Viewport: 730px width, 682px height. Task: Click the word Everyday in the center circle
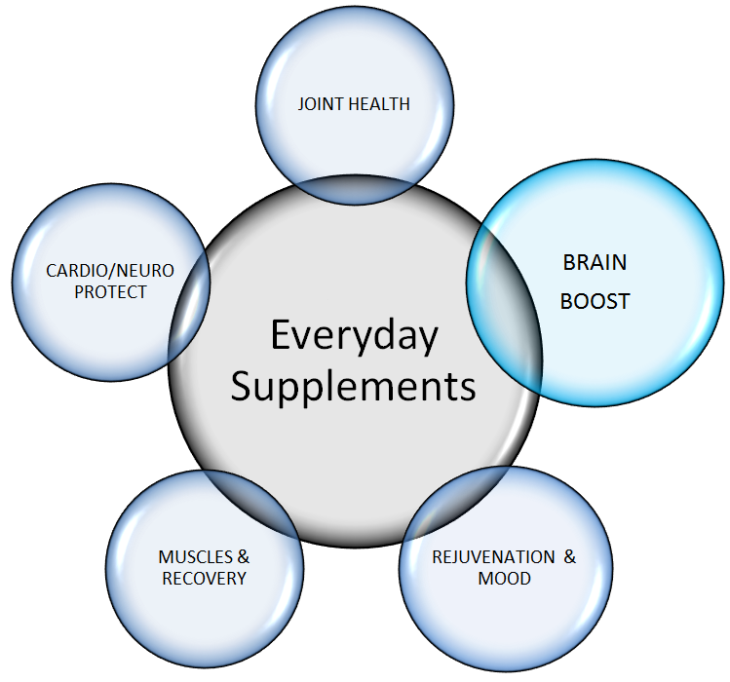click(x=354, y=336)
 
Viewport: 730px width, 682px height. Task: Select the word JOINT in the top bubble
click(x=320, y=103)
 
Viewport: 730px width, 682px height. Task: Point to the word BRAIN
click(x=595, y=263)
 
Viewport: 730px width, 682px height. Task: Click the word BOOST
click(x=595, y=302)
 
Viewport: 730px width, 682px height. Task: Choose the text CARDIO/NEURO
click(x=110, y=270)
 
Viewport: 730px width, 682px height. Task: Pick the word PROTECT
click(x=110, y=291)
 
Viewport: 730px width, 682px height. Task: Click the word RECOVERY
click(x=204, y=578)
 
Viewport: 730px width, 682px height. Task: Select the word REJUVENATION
click(x=493, y=557)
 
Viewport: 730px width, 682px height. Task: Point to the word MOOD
click(x=504, y=579)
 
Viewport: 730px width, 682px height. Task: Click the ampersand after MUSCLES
click(x=243, y=557)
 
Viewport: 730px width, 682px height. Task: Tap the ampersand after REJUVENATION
click(x=570, y=557)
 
